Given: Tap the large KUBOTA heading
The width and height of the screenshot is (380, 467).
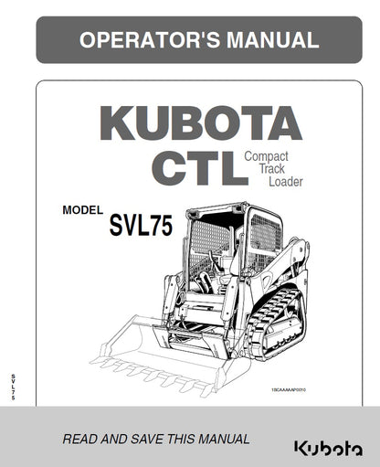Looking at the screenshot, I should pos(199,124).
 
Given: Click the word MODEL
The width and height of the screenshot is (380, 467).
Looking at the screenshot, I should pos(83,210).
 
